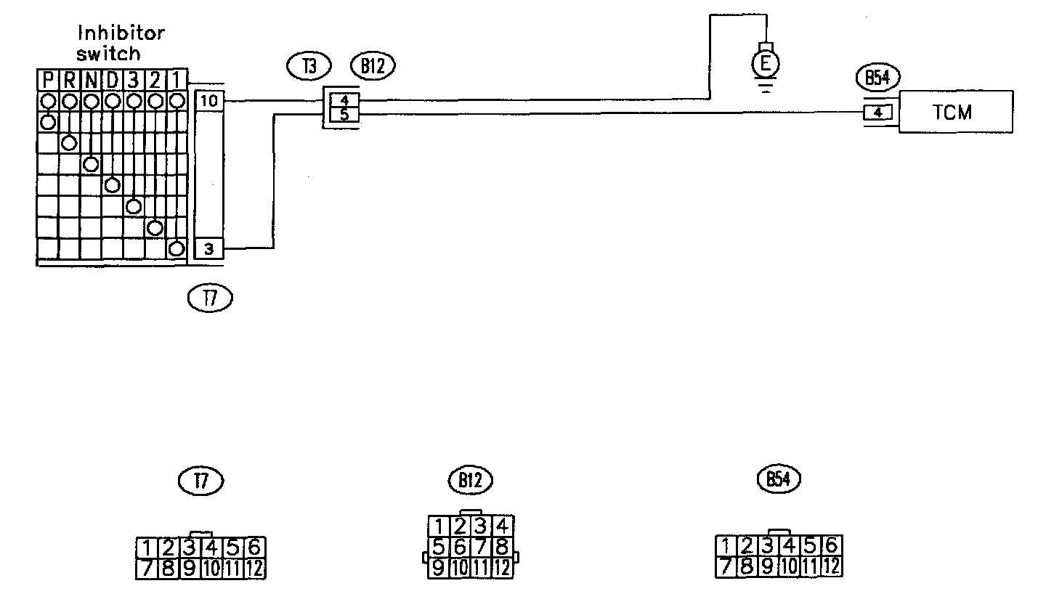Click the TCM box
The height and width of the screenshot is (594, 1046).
(956, 112)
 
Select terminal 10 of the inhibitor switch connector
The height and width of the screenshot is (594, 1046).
(209, 101)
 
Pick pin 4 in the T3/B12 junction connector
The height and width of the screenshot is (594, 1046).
(344, 101)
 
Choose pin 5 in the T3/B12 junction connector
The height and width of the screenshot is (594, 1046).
(344, 113)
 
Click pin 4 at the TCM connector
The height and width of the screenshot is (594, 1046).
(878, 113)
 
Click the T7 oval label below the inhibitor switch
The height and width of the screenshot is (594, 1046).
(209, 298)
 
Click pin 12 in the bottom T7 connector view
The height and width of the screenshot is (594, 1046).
(255, 568)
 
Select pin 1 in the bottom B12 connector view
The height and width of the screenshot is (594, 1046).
(438, 525)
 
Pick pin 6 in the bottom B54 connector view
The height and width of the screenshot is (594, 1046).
(832, 545)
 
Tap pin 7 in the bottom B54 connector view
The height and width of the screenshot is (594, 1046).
(725, 566)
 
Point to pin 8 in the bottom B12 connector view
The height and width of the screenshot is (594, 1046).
(503, 546)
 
